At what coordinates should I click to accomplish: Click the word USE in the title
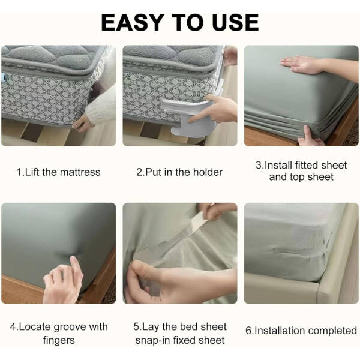[236, 22]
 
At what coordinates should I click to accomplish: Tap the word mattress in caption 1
[80, 172]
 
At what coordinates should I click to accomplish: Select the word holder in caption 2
[208, 172]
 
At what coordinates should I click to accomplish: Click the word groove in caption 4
[71, 327]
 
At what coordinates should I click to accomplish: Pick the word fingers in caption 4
[59, 340]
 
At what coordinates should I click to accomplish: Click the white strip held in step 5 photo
[198, 221]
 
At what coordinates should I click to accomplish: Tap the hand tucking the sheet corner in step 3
[310, 137]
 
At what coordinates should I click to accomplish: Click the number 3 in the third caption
[259, 166]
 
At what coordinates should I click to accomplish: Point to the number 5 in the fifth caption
[136, 327]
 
